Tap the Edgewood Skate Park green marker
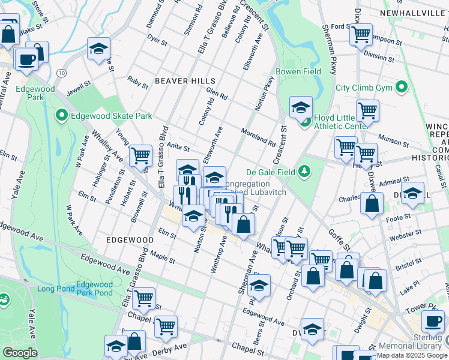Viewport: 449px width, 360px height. tap(61, 115)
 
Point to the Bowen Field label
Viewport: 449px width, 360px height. tap(298, 72)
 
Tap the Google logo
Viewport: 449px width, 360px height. tap(20, 353)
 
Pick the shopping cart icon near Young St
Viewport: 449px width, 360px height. tap(140, 155)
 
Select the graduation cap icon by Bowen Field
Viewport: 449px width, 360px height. tap(301, 107)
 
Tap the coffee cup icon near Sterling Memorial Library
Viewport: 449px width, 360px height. tap(432, 321)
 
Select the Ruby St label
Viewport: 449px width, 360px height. tap(137, 82)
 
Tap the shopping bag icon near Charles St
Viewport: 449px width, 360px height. tap(372, 203)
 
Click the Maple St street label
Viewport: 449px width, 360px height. tap(163, 259)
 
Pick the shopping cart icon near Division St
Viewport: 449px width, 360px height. tap(361, 35)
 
